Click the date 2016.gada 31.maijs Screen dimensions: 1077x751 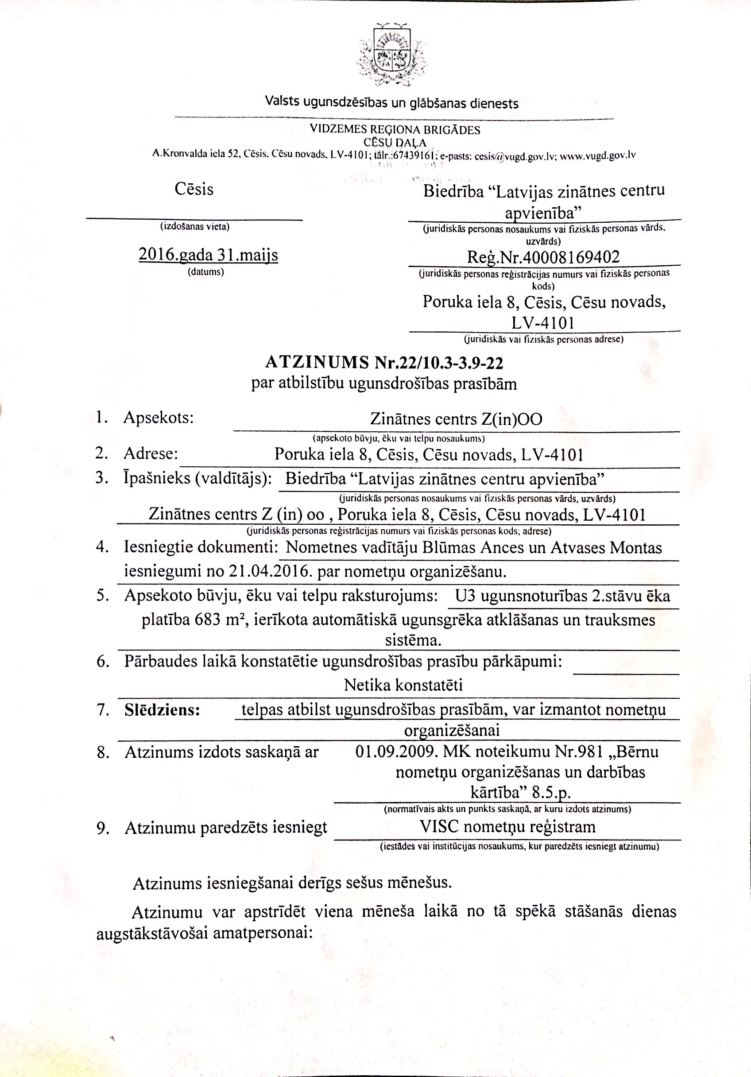pyautogui.click(x=208, y=255)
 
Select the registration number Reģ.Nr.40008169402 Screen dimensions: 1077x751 pyautogui.click(x=543, y=256)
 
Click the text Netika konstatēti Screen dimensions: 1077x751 pyautogui.click(x=403, y=686)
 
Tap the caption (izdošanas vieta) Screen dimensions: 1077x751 pyautogui.click(x=195, y=227)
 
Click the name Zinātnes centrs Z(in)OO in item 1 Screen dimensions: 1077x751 pyautogui.click(x=456, y=418)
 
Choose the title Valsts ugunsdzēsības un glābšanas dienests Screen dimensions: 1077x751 pyautogui.click(x=392, y=102)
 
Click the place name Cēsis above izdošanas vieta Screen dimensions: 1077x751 pyautogui.click(x=194, y=189)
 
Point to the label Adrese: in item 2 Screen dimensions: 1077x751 pyautogui.click(x=151, y=453)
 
